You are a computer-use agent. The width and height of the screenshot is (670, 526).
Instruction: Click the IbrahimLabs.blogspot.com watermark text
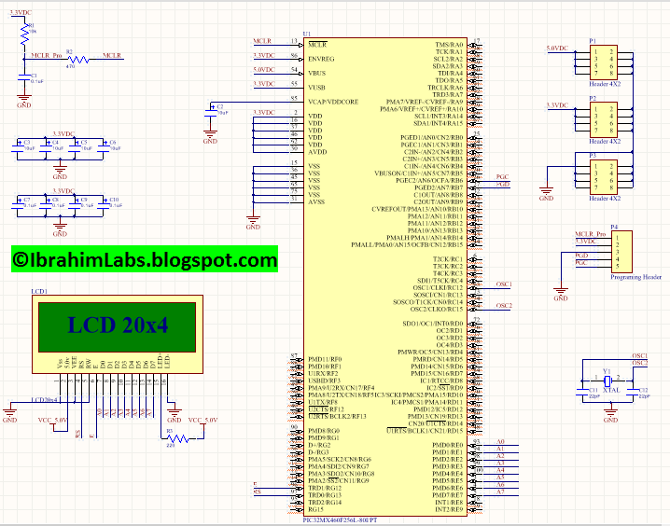tap(145, 260)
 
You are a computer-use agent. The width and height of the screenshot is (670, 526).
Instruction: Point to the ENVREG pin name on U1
tap(322, 58)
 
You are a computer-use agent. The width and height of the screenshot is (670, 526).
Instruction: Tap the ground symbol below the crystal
tap(608, 417)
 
